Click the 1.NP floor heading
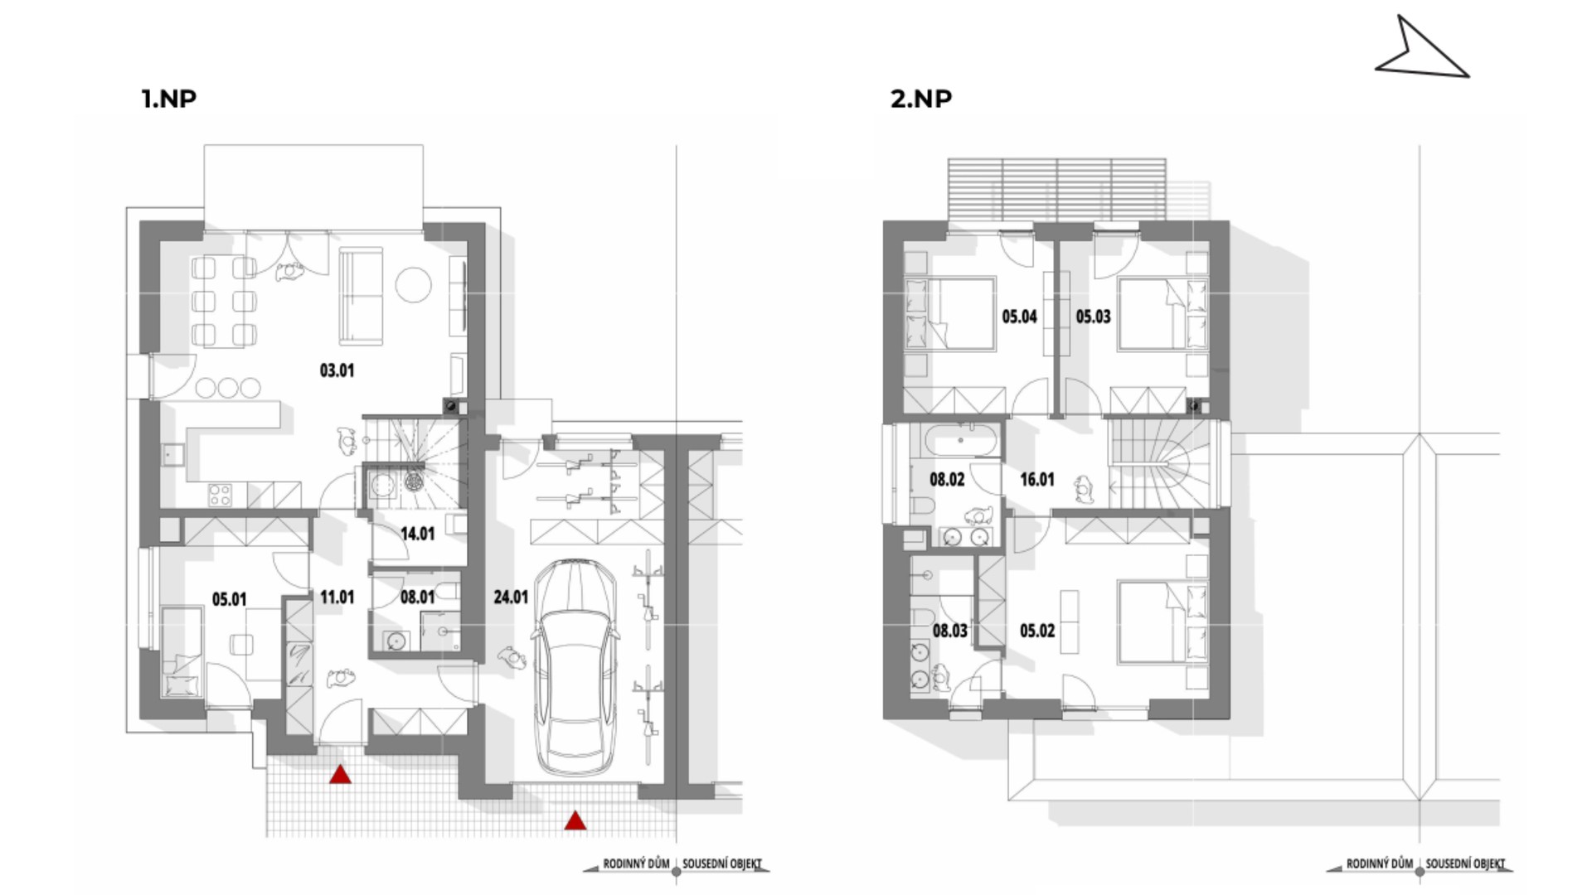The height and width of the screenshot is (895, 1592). [x=168, y=99]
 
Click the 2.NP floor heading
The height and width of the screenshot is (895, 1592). [x=921, y=99]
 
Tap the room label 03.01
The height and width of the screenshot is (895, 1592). [x=337, y=370]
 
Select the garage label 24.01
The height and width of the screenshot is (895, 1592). [x=511, y=597]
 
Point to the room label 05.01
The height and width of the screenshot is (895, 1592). [x=229, y=599]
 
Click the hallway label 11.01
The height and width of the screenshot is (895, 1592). [x=337, y=597]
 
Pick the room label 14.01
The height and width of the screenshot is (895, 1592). [x=418, y=534]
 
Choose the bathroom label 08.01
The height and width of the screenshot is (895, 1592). [x=418, y=597]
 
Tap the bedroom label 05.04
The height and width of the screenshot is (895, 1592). [x=1020, y=317]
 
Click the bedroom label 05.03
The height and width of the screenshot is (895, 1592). [x=1093, y=317]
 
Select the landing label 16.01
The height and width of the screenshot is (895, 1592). [x=1037, y=480]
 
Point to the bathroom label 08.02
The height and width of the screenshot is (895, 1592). [x=947, y=480]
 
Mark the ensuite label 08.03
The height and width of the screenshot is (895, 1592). [x=950, y=631]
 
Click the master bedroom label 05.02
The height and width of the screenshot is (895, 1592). [x=1037, y=631]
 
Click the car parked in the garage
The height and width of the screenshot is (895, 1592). [x=575, y=667]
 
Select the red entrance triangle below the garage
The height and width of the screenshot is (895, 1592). [x=575, y=820]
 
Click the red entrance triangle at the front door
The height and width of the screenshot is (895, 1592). [x=340, y=775]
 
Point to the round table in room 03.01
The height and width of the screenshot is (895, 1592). [x=413, y=286]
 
